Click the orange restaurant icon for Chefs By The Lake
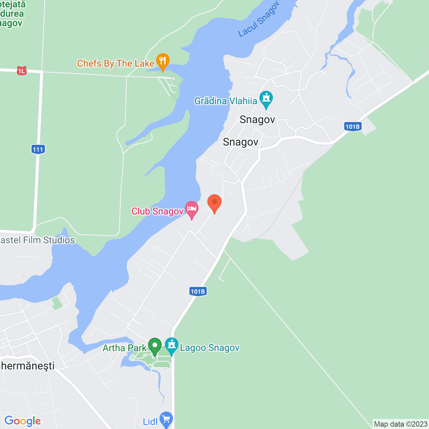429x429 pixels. click(163, 61)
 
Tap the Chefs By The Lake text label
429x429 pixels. click(116, 63)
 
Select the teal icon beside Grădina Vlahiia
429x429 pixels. click(266, 99)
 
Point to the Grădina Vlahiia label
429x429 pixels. click(226, 101)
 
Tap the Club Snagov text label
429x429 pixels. click(157, 211)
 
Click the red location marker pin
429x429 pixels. click(214, 203)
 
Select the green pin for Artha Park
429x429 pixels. click(155, 346)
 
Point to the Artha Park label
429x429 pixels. click(124, 348)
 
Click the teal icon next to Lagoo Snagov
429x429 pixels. click(172, 346)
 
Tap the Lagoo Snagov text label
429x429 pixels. click(210, 348)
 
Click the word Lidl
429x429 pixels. click(150, 421)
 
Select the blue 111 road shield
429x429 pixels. click(38, 149)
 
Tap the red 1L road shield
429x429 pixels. click(21, 71)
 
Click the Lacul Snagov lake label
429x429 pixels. click(258, 19)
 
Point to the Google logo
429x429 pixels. click(23, 421)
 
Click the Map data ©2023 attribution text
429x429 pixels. click(401, 424)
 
